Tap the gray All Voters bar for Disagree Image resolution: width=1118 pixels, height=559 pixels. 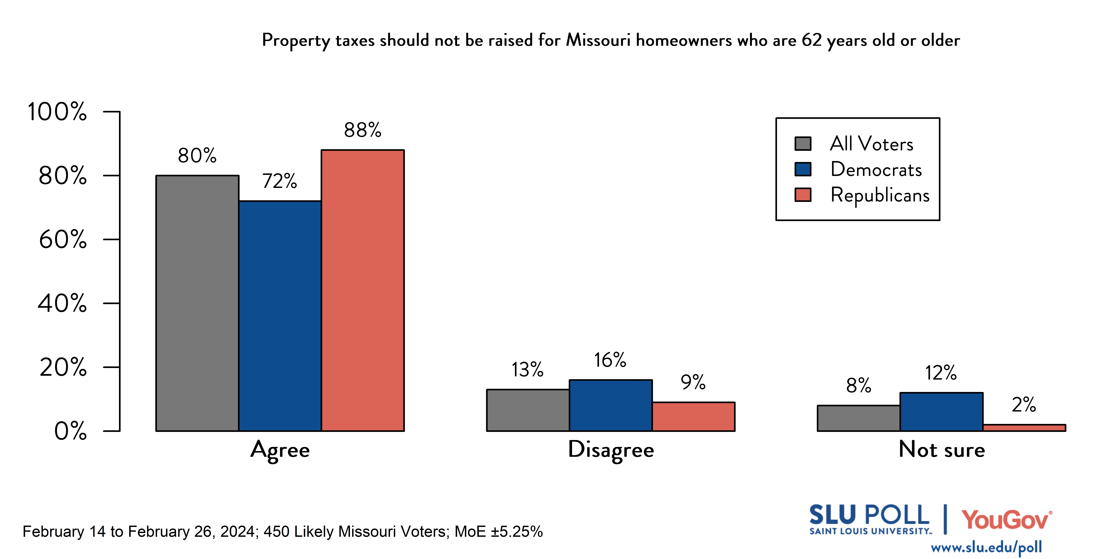(528, 410)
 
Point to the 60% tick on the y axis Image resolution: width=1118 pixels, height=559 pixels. (63, 239)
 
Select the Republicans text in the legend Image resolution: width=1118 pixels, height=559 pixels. (880, 195)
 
